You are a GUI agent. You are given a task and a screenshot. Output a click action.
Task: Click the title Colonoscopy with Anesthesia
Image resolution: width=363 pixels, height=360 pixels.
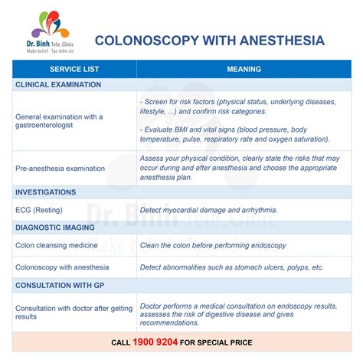[208, 40]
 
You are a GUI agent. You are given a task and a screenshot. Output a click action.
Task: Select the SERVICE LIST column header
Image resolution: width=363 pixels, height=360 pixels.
[74, 69]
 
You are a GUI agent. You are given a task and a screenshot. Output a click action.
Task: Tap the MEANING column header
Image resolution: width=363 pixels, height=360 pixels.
[244, 69]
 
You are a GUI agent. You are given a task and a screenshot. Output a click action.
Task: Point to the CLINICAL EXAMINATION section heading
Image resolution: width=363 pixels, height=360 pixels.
[58, 85]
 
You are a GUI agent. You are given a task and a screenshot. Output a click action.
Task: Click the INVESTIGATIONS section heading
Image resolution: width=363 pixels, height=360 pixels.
[45, 192]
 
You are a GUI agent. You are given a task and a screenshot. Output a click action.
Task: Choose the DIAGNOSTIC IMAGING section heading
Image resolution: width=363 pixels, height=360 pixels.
[54, 227]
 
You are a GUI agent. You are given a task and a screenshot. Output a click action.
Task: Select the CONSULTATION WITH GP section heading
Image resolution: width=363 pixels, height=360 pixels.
[58, 285]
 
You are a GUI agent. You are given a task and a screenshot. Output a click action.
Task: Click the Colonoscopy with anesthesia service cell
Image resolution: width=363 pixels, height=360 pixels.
[62, 267]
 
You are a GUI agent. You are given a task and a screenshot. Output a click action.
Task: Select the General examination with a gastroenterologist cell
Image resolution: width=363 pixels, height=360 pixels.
[59, 120]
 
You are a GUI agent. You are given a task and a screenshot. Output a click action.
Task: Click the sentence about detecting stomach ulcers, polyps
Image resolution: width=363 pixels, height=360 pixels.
[231, 267]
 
